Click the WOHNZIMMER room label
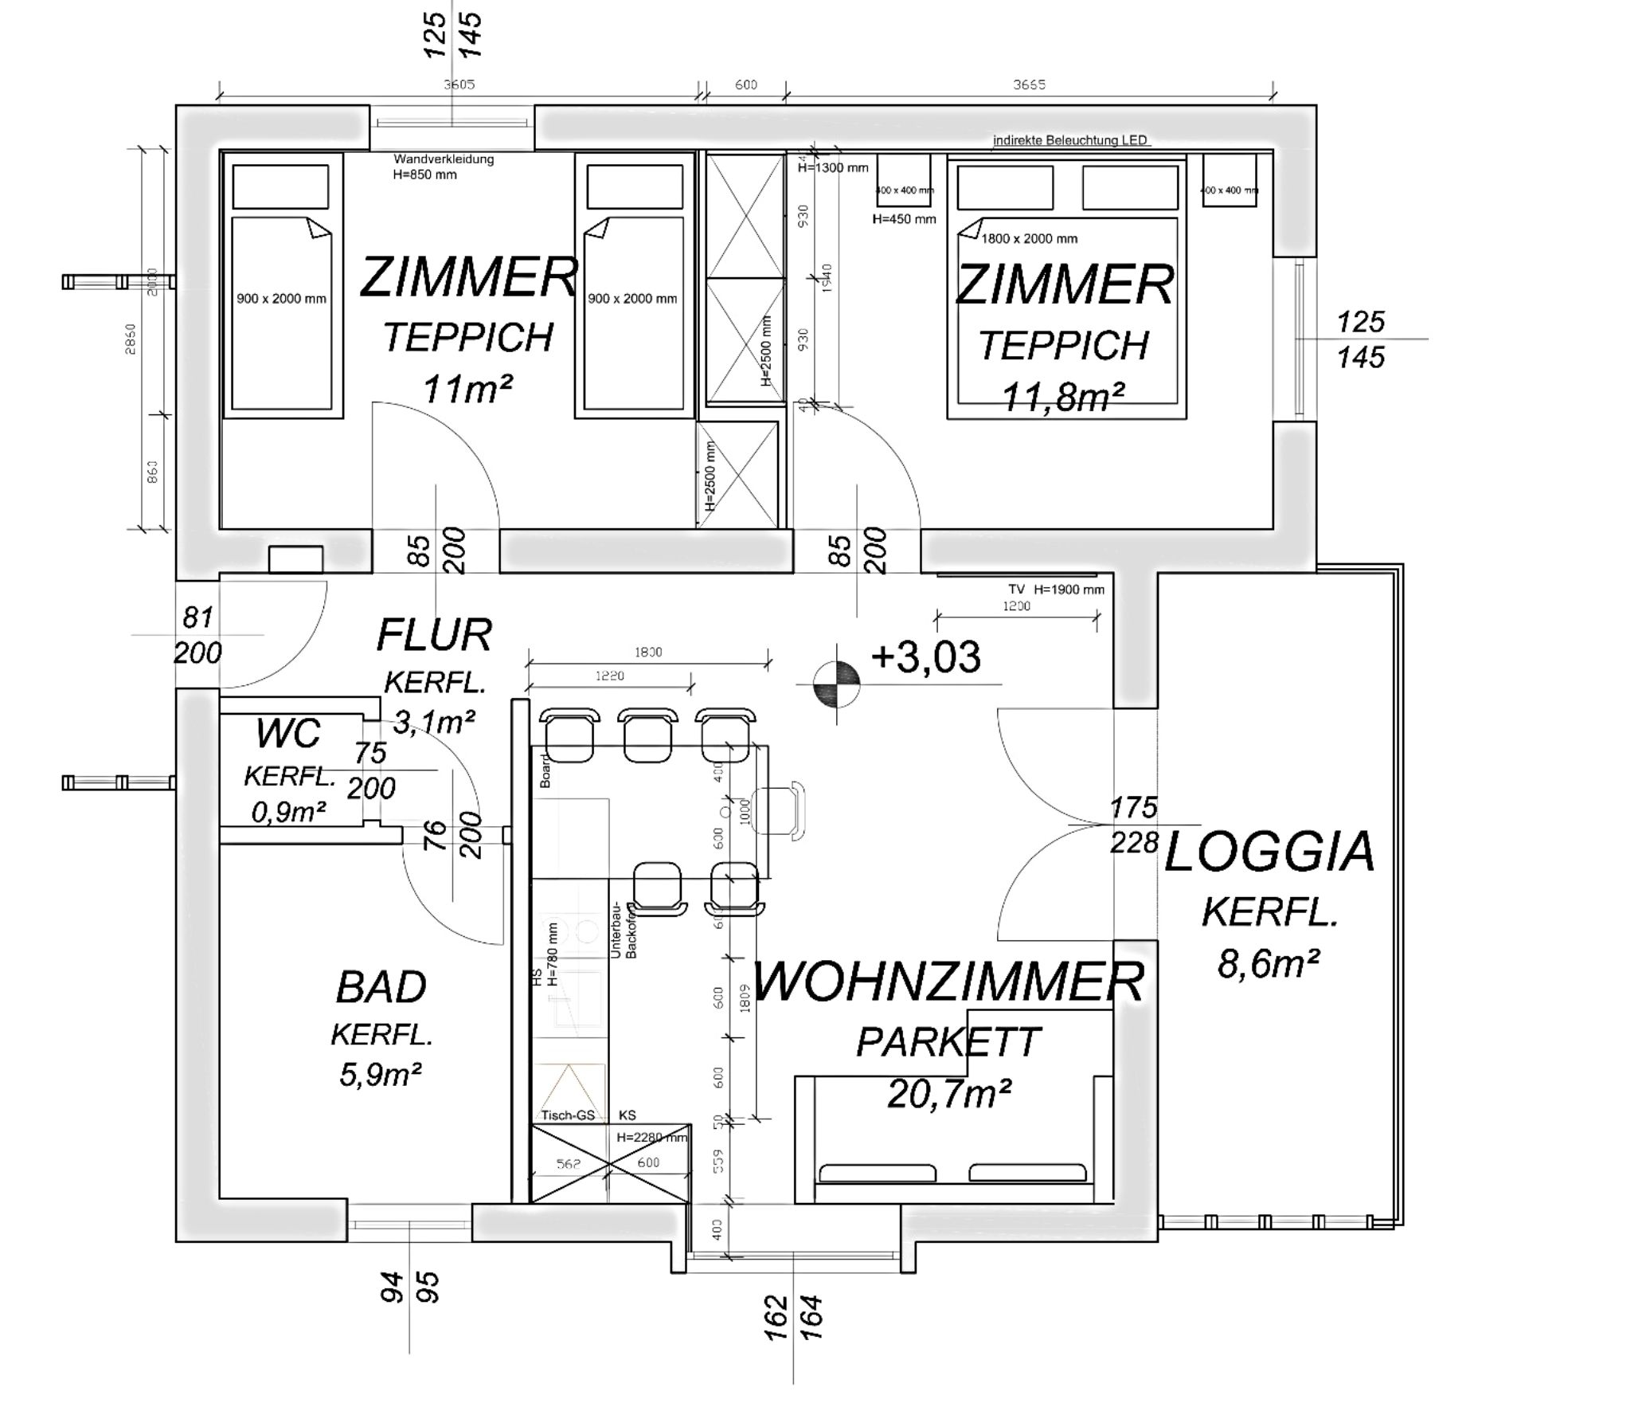(x=948, y=981)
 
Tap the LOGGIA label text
(x=1269, y=852)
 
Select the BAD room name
(x=381, y=987)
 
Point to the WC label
(x=288, y=733)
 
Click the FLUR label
(x=434, y=635)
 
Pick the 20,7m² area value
(x=948, y=1094)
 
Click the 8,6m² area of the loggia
(x=1268, y=965)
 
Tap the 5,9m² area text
(x=380, y=1075)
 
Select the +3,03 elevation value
(x=926, y=657)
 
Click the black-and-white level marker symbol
(x=836, y=684)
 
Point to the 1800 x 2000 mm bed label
(x=1029, y=238)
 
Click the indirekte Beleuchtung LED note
(x=1069, y=140)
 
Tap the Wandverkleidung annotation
(x=444, y=159)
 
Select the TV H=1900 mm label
(x=1056, y=590)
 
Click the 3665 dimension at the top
(x=1029, y=84)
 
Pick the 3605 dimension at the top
(x=459, y=84)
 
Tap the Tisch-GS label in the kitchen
(x=568, y=1115)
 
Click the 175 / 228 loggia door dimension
(x=1134, y=825)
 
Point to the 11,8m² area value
(x=1063, y=397)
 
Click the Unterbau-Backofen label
(x=624, y=930)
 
